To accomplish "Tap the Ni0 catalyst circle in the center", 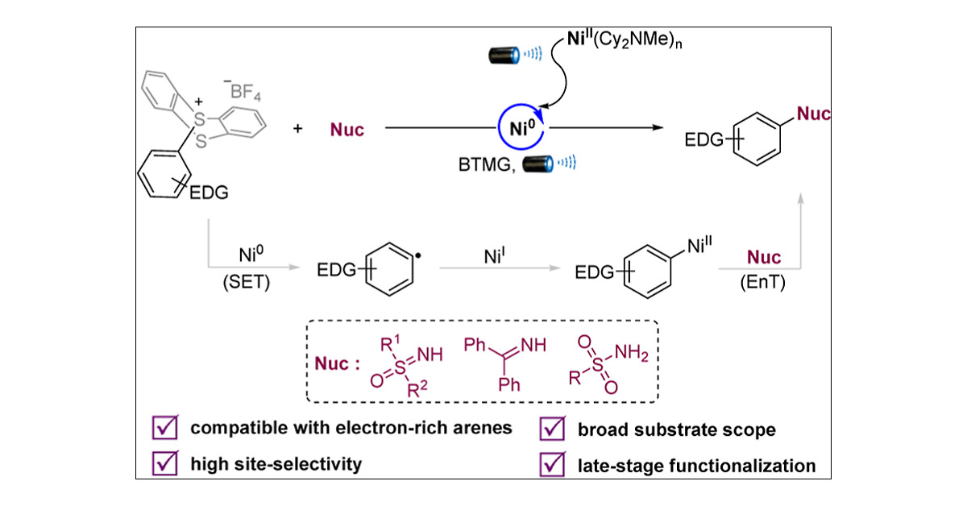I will pyautogui.click(x=516, y=128).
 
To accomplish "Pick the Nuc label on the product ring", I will pyautogui.click(x=813, y=114).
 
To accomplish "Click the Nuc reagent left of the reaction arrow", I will pyautogui.click(x=347, y=130).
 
